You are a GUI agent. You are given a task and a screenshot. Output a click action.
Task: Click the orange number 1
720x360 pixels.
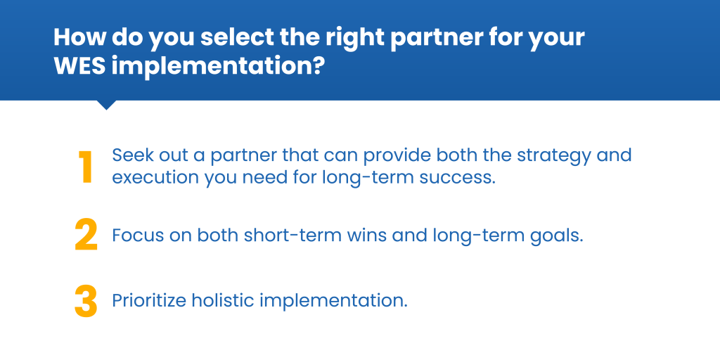[x=85, y=167]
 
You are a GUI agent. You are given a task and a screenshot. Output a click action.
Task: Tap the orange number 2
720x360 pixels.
[x=86, y=235]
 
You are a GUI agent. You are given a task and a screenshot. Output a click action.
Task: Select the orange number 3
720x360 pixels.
[x=86, y=302]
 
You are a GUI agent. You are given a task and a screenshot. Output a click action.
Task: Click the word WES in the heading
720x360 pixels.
[x=80, y=66]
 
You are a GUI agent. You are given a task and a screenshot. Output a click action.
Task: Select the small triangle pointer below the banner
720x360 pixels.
[x=106, y=105]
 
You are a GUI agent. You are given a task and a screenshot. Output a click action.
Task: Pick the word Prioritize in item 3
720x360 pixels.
[x=149, y=301]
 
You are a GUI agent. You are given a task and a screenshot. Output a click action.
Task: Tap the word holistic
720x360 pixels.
[x=223, y=301]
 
